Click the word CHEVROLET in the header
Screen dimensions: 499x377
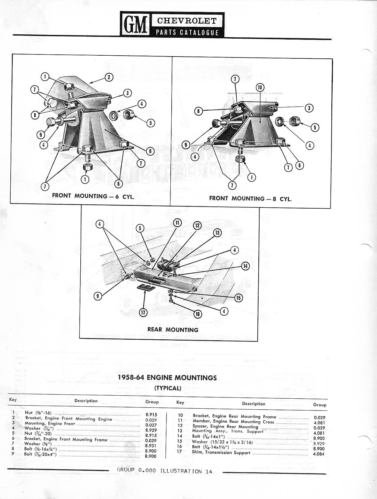[187, 21]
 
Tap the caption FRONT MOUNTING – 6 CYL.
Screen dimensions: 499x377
[93, 196]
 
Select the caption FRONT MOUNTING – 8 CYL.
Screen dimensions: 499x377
[250, 199]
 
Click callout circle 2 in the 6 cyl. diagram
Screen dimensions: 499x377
[109, 77]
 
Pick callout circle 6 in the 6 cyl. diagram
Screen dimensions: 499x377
[150, 151]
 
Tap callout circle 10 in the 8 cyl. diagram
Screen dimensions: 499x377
[260, 88]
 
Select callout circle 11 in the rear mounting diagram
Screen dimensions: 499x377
[177, 223]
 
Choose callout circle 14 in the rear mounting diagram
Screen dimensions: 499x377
[245, 266]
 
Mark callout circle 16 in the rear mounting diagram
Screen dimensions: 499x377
[198, 314]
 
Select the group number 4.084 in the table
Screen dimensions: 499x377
[319, 454]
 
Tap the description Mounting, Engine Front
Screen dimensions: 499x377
[50, 423]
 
